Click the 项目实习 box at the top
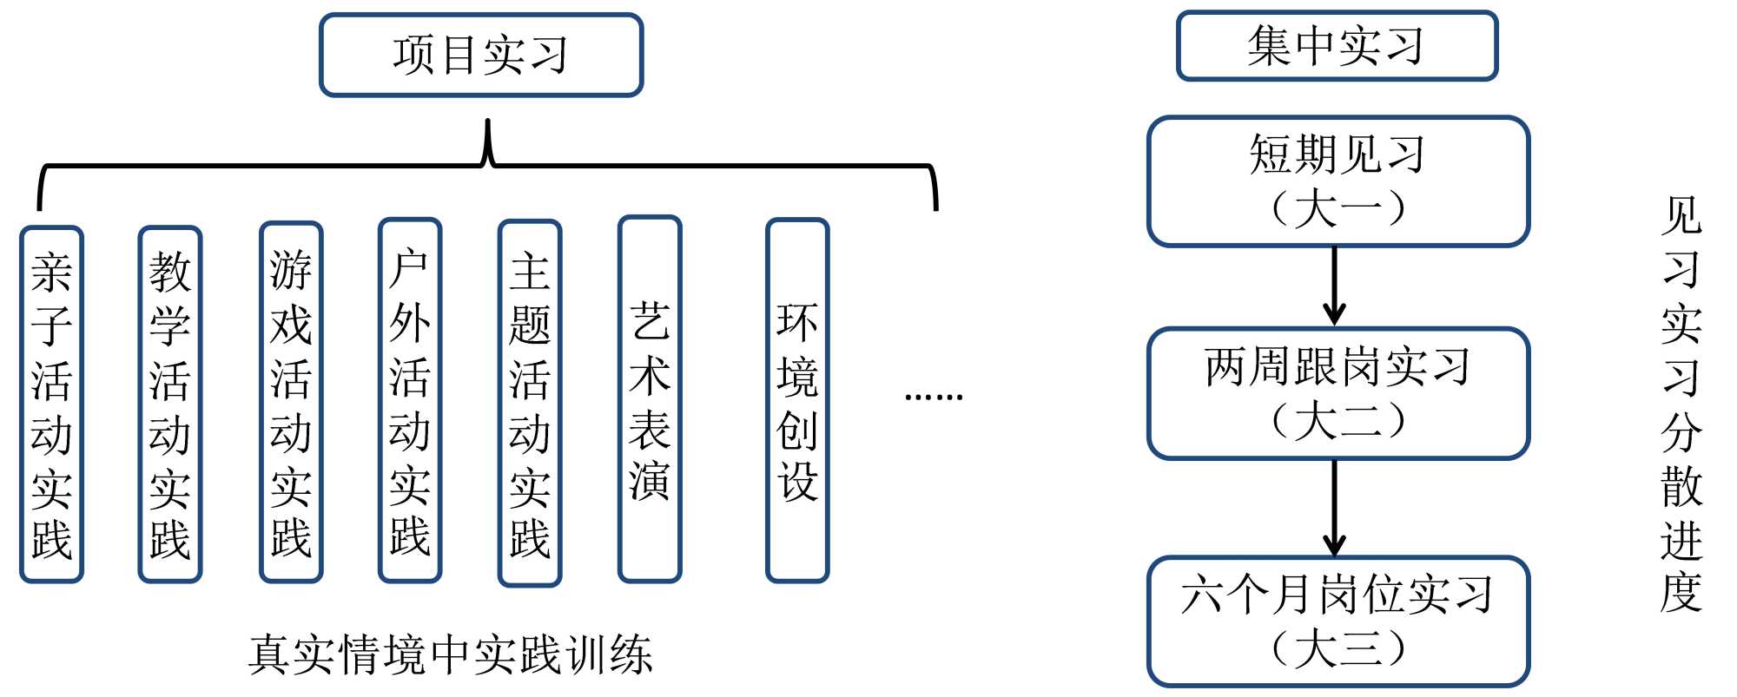click(480, 55)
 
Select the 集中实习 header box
click(1337, 46)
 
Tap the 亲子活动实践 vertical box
click(51, 404)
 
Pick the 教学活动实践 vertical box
click(170, 404)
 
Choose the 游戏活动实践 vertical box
click(291, 402)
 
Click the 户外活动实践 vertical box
click(410, 400)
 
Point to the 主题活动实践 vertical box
click(530, 403)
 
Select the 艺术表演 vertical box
click(650, 399)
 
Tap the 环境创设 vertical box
click(797, 400)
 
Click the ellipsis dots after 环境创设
click(934, 397)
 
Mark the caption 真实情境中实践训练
click(450, 654)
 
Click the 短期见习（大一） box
click(1337, 181)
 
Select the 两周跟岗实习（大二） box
click(1337, 393)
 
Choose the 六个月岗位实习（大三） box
click(1337, 621)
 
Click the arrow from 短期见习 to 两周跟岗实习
click(1335, 286)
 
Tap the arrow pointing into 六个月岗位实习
click(1335, 508)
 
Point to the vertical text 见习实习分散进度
click(1681, 404)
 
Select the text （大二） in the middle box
click(1337, 421)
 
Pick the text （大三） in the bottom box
click(1337, 648)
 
